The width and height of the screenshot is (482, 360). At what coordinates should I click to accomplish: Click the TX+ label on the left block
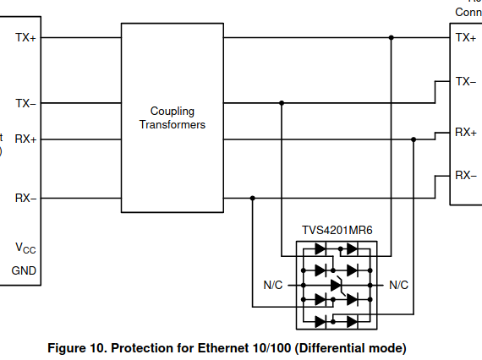(x=25, y=38)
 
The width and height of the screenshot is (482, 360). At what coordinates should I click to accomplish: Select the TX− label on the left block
(x=25, y=103)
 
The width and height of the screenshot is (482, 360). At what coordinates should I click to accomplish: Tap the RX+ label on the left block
(x=25, y=139)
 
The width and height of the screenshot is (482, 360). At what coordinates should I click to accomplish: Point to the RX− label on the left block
(x=25, y=199)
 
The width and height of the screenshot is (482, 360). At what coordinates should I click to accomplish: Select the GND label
(x=23, y=271)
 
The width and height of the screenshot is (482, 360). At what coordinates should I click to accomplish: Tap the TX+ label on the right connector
(x=465, y=38)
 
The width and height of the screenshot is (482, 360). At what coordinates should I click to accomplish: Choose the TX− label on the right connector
(x=466, y=82)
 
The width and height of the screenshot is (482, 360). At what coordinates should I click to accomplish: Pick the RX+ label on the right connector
(x=466, y=133)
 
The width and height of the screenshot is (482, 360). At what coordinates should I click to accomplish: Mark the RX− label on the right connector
(x=466, y=176)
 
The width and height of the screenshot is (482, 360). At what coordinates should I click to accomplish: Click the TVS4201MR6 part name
(x=337, y=230)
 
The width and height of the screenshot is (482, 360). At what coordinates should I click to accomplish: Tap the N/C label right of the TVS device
(x=398, y=286)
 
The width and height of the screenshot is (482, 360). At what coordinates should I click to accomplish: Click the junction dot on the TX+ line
(x=391, y=38)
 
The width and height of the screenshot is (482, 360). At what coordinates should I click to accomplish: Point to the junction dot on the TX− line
(x=282, y=103)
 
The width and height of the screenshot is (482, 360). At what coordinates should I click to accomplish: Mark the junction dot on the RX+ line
(x=414, y=139)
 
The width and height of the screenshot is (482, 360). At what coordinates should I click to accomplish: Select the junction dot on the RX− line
(x=252, y=199)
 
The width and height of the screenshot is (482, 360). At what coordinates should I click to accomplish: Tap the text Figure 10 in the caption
(x=75, y=347)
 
